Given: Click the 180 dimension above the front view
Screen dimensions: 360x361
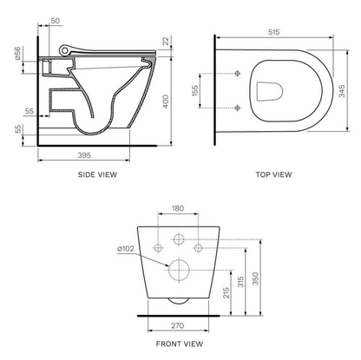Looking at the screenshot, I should [179, 208].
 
